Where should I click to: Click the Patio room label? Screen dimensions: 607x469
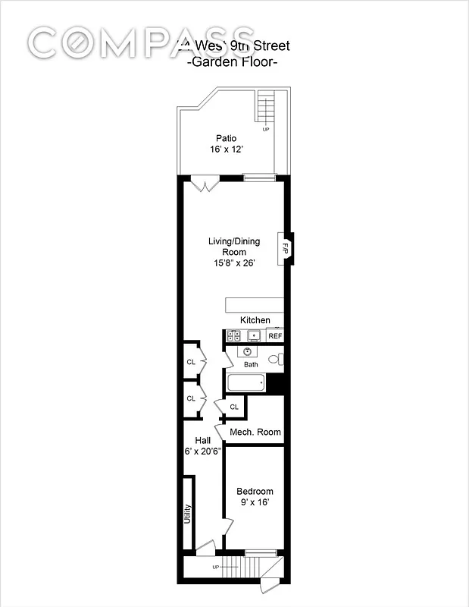226,138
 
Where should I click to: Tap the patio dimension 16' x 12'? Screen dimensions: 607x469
226,149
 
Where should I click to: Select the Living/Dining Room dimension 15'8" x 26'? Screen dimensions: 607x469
234,263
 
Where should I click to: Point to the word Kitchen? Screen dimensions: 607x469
255,320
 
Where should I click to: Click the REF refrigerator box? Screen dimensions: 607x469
275,336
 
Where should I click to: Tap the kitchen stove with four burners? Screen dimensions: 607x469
232,336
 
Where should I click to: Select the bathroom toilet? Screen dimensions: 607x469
276,359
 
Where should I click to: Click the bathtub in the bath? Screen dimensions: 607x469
245,383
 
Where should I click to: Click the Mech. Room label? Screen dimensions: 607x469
255,432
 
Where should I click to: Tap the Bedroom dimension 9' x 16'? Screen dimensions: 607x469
255,502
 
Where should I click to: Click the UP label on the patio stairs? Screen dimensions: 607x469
266,130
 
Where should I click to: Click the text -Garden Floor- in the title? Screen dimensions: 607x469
232,62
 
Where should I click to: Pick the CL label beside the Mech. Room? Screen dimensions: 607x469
234,407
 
